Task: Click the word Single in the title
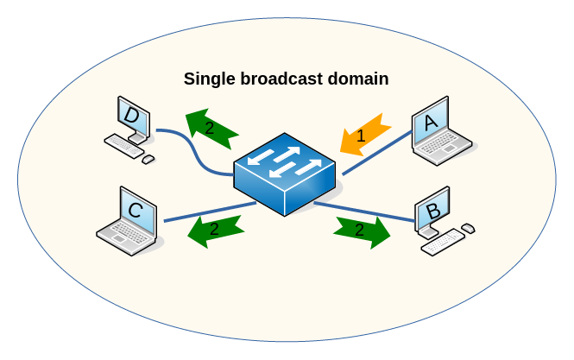(x=206, y=79)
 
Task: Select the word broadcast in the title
(x=280, y=79)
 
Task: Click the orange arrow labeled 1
(x=362, y=135)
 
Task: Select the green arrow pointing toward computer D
(x=211, y=128)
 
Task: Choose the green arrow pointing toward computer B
(x=361, y=231)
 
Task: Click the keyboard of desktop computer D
(x=123, y=146)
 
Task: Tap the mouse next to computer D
(x=148, y=159)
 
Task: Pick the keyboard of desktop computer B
(x=443, y=243)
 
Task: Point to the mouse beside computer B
(x=468, y=228)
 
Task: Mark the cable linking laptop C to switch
(x=207, y=212)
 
